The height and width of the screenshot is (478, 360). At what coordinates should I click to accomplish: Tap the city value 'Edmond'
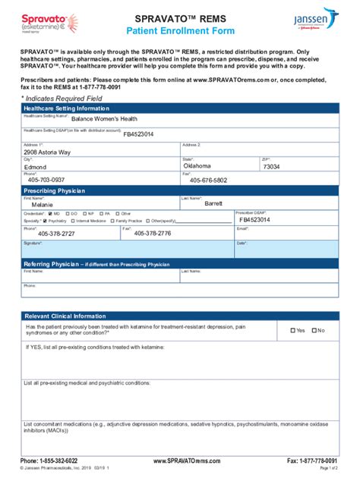tap(36, 167)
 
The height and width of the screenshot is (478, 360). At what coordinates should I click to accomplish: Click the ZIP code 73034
tap(271, 167)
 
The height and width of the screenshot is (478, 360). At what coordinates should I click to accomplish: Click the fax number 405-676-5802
tap(208, 181)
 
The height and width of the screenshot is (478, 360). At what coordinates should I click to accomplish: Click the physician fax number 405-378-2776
tap(152, 234)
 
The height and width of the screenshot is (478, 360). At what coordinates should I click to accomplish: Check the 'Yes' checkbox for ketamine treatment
tap(294, 331)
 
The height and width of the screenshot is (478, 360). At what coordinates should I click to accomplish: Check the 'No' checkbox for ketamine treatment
tap(314, 331)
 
